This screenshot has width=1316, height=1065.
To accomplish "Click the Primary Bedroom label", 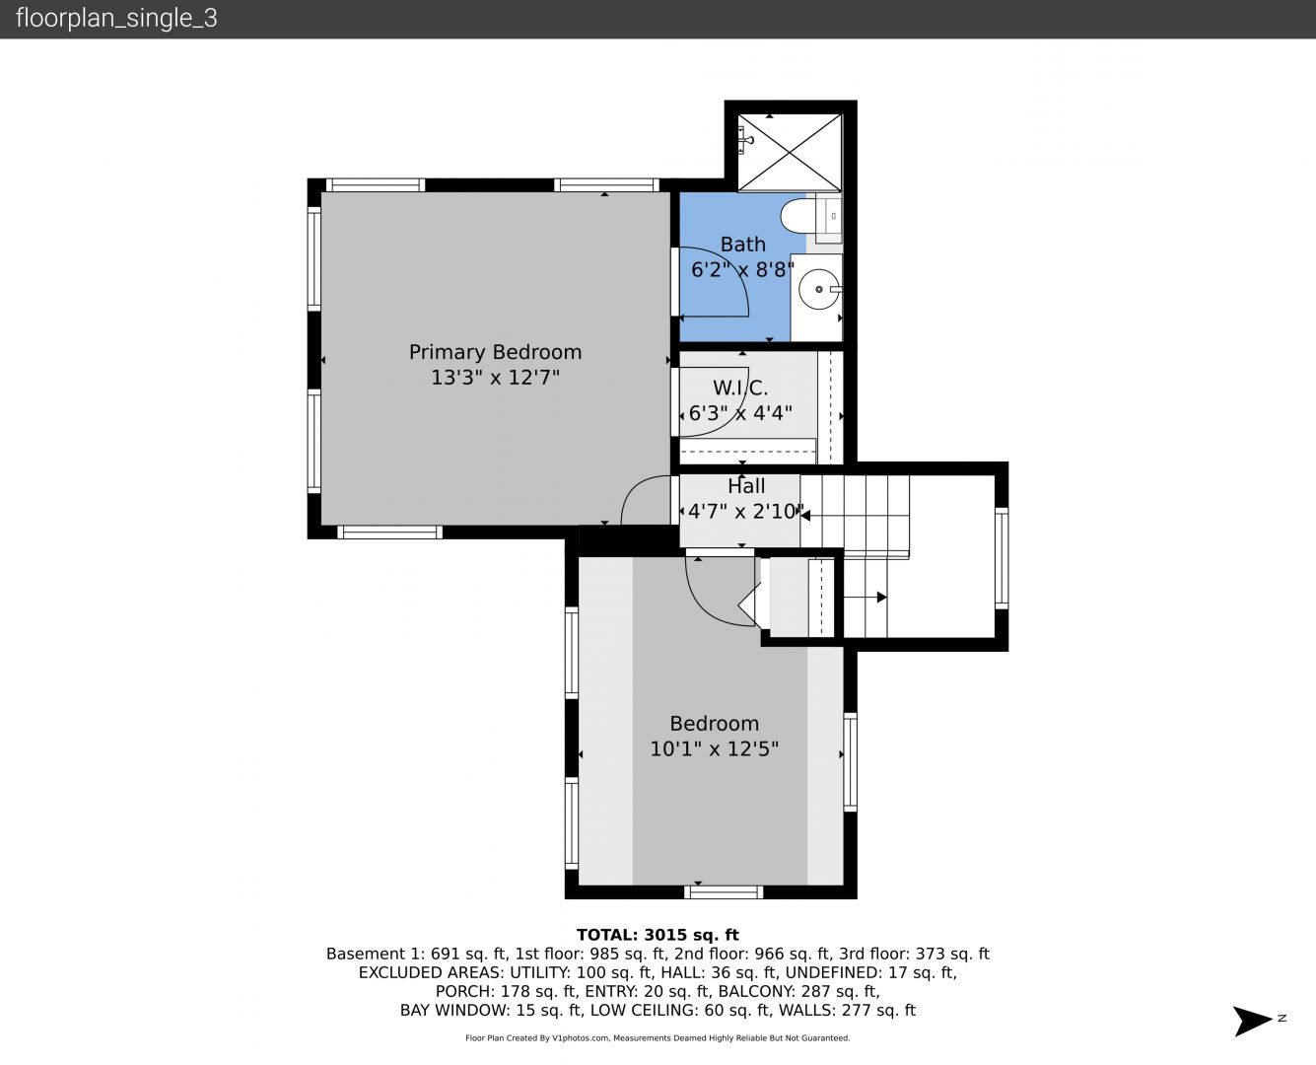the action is click(495, 352).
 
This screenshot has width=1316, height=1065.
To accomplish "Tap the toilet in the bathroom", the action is click(797, 216).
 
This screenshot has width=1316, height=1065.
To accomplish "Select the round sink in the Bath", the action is click(819, 289).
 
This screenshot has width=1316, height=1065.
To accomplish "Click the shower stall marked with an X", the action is click(790, 153).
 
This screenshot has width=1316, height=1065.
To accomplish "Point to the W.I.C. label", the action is click(740, 388).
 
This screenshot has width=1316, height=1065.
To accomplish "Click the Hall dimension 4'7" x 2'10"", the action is click(745, 511).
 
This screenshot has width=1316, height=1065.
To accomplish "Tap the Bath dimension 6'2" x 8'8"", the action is click(742, 269).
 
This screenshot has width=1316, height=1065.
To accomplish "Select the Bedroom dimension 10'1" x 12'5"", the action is click(715, 749).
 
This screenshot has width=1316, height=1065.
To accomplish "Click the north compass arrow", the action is click(1253, 1021).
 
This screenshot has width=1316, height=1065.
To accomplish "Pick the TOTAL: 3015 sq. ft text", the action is click(658, 935).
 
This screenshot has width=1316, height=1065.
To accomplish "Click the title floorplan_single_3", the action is click(116, 18).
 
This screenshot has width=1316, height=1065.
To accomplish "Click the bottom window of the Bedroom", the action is click(724, 891).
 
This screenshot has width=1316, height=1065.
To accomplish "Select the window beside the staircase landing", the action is click(1002, 558).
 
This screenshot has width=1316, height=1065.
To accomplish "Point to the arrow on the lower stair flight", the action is click(865, 598).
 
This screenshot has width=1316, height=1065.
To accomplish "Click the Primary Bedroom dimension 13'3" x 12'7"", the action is click(495, 378).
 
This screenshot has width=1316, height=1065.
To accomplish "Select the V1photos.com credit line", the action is click(658, 1038).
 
